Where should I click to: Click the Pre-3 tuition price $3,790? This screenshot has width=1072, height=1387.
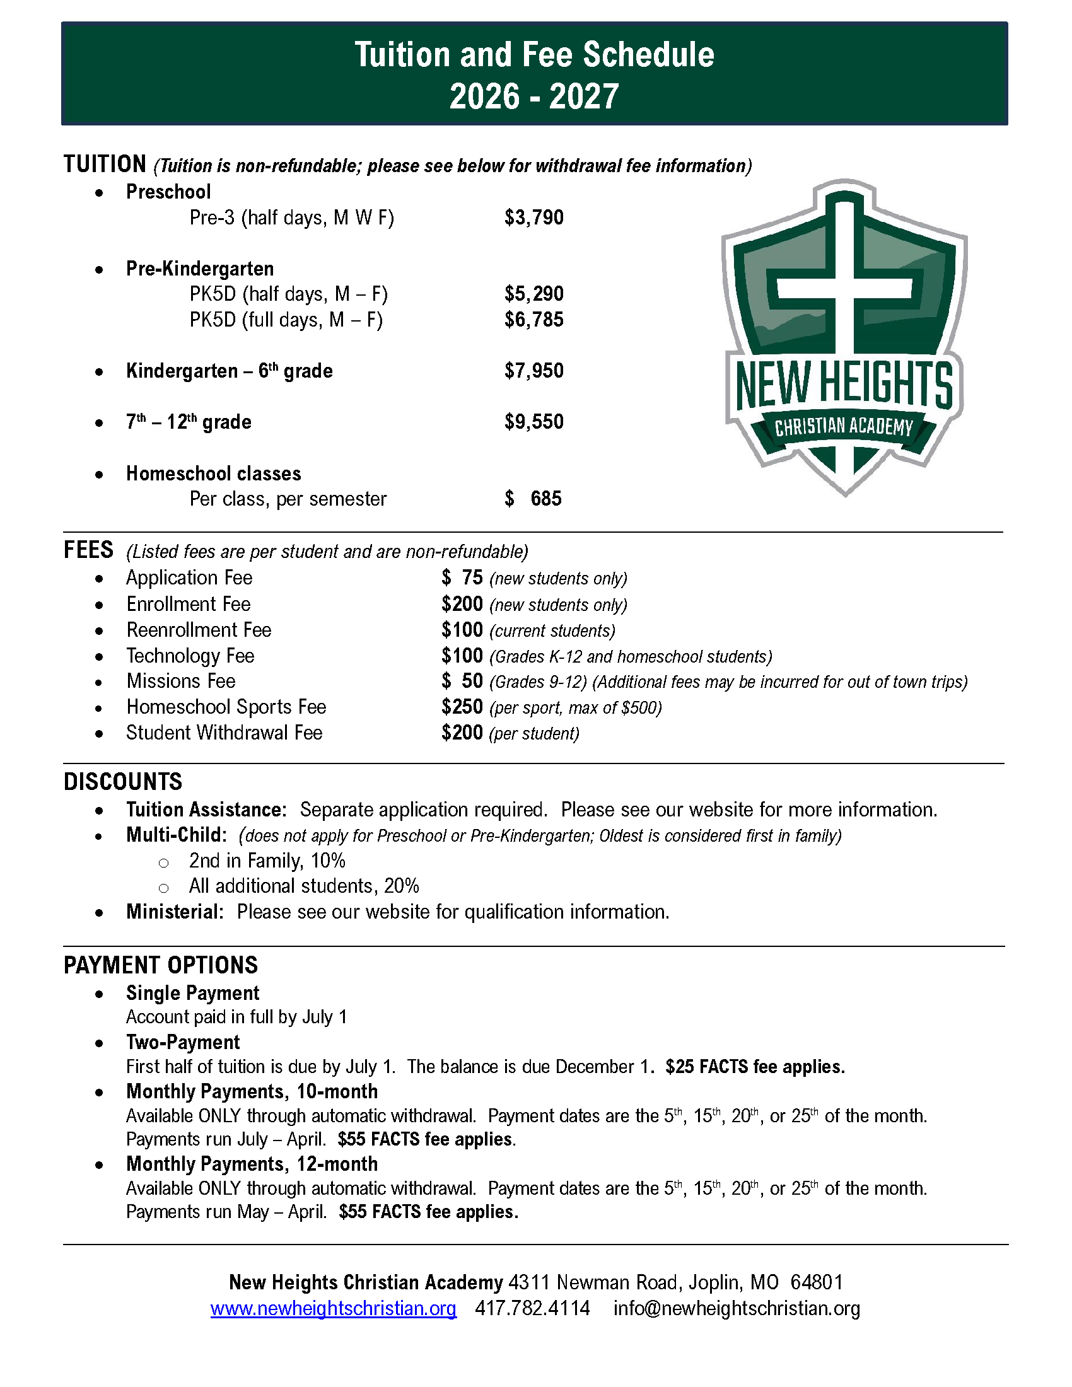533,218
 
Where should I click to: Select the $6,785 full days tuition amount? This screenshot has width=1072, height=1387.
533,320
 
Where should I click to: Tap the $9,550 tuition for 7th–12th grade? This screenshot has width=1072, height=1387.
533,422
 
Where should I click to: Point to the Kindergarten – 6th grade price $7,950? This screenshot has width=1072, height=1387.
533,371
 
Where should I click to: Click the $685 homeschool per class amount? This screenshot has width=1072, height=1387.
533,499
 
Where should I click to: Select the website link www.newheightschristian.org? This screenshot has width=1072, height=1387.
334,1308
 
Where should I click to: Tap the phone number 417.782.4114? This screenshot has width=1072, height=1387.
532,1308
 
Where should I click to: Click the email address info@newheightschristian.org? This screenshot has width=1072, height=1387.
737,1308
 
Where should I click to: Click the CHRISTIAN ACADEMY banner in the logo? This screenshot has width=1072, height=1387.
843,427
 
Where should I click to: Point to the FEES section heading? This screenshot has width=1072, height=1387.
89,550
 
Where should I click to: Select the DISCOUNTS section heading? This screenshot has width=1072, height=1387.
122,782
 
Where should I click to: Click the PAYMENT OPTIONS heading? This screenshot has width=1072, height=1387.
161,965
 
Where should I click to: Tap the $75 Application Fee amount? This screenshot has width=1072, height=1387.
462,578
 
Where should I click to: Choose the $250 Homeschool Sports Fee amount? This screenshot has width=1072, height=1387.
462,707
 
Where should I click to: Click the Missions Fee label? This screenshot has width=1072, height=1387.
181,682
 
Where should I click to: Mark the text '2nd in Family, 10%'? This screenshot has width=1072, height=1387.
267,861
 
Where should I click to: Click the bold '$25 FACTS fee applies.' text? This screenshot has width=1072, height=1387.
755,1067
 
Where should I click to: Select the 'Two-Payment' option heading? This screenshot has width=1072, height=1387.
183,1042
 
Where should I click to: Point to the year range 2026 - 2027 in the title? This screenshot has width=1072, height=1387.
534,97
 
